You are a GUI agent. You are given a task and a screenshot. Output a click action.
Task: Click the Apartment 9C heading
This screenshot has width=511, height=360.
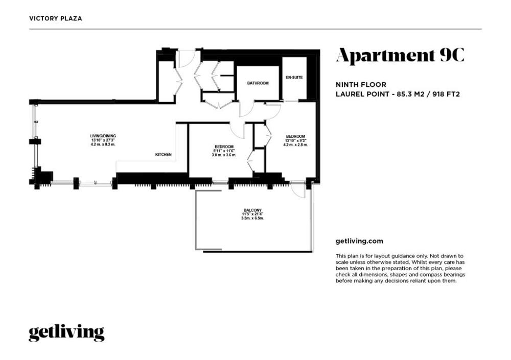coord(400,55)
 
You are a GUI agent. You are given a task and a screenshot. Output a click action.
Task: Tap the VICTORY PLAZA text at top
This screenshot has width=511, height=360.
coord(55,18)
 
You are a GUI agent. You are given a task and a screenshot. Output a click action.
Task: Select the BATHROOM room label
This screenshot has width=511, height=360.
coord(258,83)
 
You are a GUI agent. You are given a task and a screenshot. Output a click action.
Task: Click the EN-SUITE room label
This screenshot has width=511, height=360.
coord(294,78)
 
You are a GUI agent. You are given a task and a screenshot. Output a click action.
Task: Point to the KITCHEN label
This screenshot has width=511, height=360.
coord(164,154)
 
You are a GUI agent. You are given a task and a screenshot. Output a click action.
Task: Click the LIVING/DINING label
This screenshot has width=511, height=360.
coord(103,136)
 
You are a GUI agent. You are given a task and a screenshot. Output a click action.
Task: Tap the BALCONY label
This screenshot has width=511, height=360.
coord(252,210)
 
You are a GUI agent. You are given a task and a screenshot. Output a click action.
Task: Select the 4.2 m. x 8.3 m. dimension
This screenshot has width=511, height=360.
coord(103,144)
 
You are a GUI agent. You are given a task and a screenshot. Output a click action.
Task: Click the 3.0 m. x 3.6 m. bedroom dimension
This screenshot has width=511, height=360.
coord(224,155)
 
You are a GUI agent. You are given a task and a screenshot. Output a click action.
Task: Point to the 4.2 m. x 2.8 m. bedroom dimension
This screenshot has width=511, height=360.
coord(295,145)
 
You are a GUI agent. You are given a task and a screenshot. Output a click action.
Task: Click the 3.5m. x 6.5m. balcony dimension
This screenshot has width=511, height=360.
coord(252,218)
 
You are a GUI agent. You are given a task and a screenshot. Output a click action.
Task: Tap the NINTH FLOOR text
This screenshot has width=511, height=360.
coord(361,85)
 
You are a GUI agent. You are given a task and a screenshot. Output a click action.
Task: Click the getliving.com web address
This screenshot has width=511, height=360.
coord(359,242)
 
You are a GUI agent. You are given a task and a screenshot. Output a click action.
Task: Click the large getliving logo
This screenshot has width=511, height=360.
coord(66,332)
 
